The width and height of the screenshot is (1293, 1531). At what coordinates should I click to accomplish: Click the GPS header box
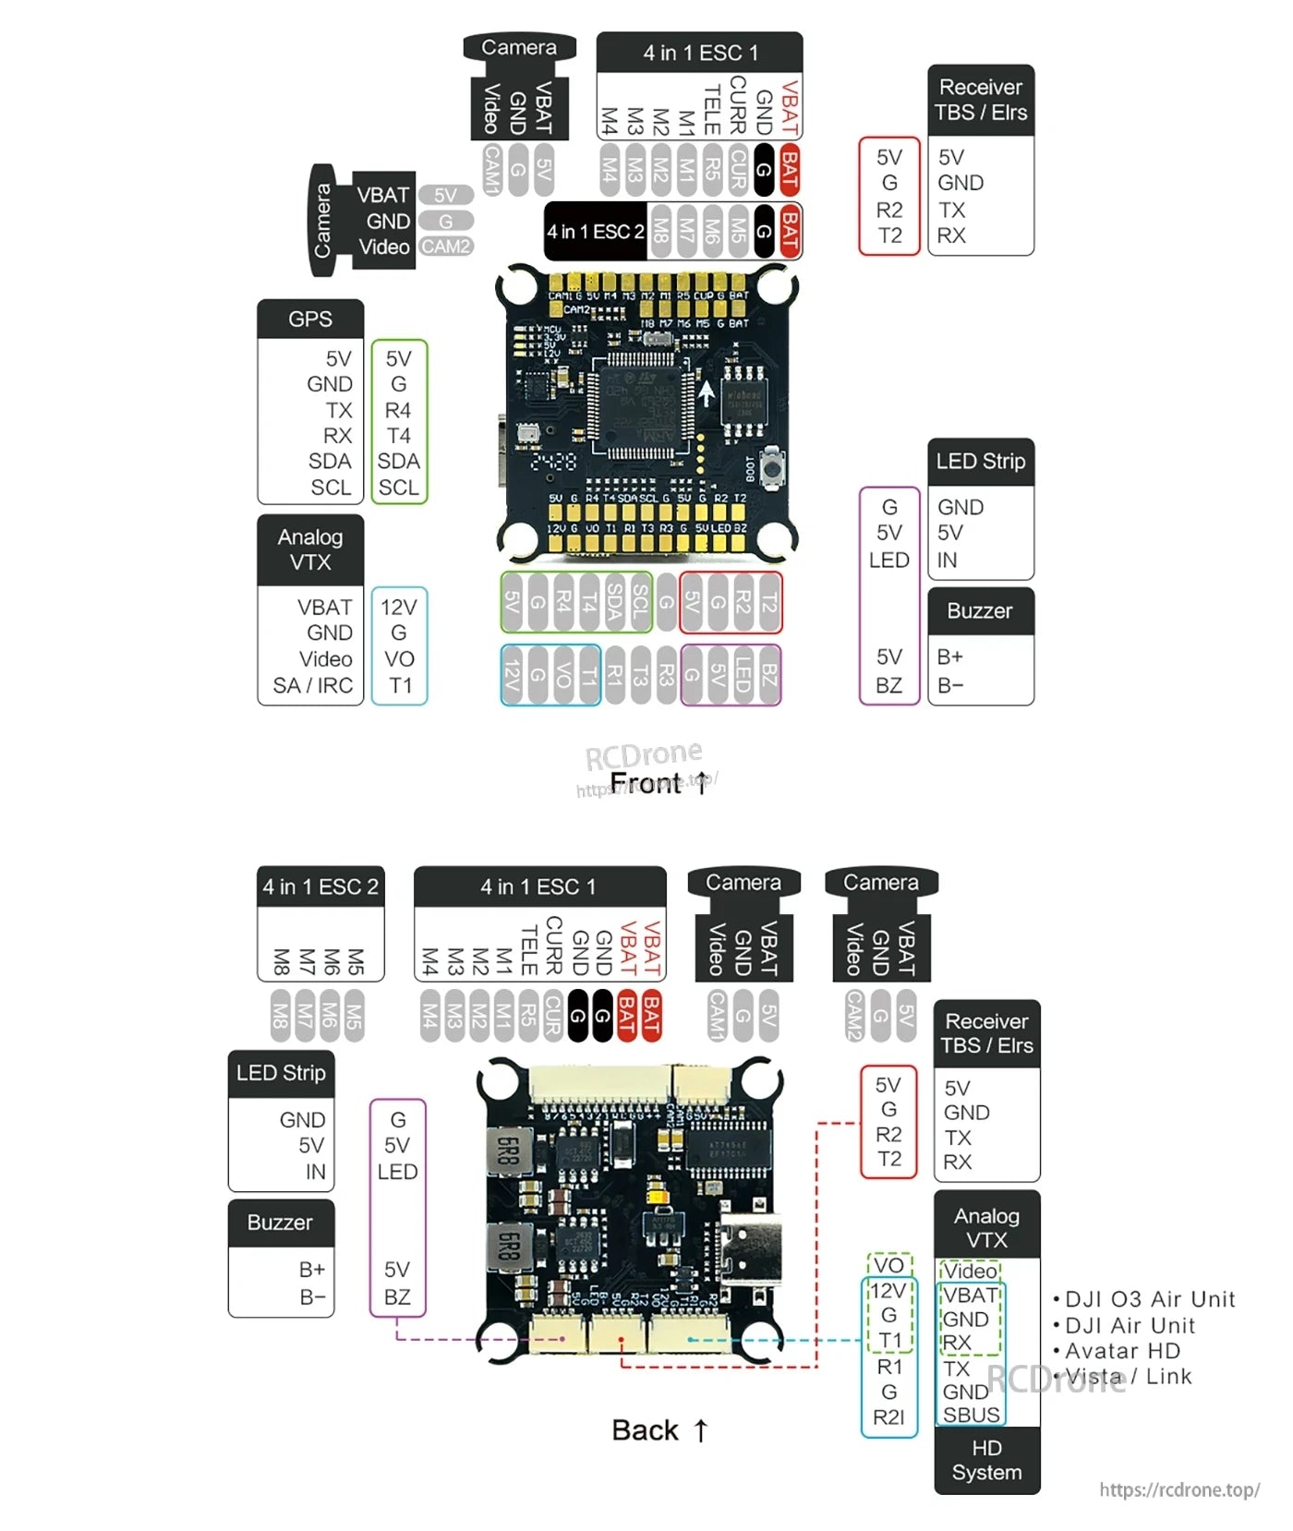coord(310,319)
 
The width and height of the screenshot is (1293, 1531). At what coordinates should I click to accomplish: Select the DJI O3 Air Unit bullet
coord(1144,1299)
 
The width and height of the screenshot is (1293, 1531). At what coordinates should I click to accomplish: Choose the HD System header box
coord(986,1460)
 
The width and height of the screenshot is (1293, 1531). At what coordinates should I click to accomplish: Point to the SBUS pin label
coord(971,1415)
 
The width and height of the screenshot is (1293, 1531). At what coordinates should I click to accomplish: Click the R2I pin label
coord(888,1416)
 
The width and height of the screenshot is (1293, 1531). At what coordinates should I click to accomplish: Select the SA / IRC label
coord(313,685)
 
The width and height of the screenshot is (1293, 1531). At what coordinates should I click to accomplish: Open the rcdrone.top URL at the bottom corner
coord(1179,1489)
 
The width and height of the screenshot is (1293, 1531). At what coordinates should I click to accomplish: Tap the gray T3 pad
coord(640,675)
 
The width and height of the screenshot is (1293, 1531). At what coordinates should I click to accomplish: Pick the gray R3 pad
coord(666,675)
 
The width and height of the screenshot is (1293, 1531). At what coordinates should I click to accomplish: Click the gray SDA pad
coord(614,603)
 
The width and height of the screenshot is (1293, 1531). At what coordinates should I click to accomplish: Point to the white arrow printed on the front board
coord(707,392)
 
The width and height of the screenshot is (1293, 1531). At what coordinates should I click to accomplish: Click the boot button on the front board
coord(771,465)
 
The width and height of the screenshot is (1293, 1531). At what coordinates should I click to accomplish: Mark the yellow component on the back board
coord(659,1195)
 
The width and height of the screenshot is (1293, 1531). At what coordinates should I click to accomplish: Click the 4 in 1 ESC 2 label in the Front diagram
coord(595,231)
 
